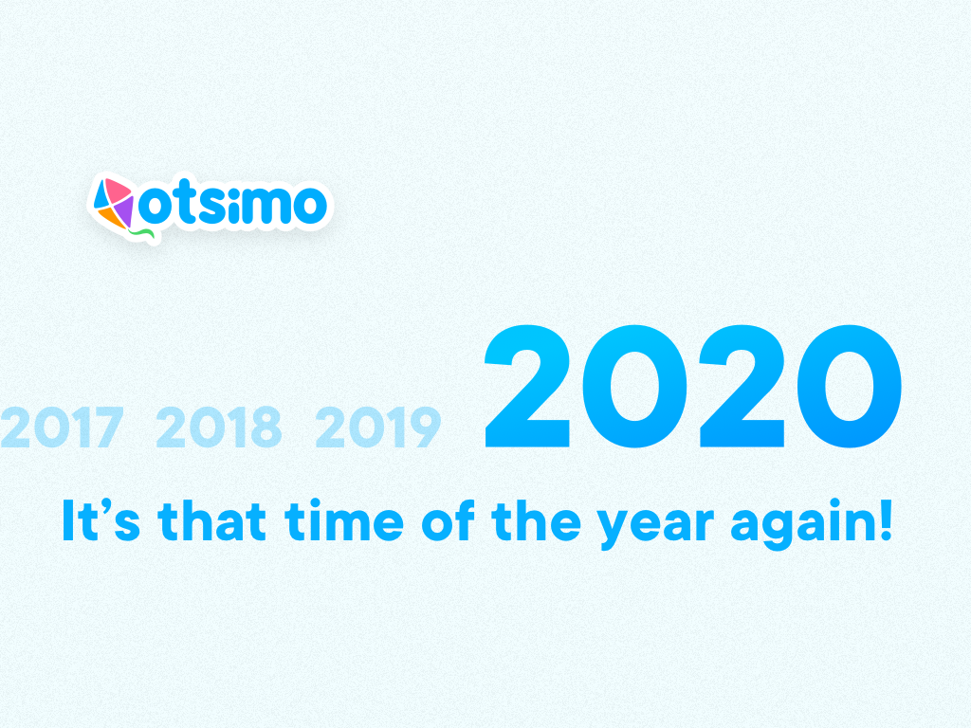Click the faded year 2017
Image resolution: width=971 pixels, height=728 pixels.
coord(63,428)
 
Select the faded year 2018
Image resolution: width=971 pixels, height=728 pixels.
coord(219,428)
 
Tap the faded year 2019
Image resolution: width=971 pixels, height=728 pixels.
coord(378,428)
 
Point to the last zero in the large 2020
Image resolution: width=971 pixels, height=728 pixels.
coord(848,389)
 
